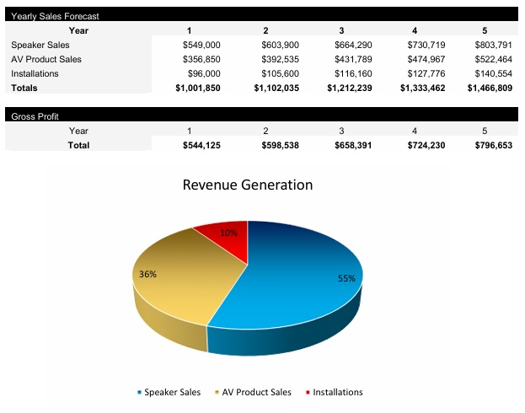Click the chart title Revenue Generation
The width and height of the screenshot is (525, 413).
tap(247, 185)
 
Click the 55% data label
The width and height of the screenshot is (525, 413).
tap(346, 278)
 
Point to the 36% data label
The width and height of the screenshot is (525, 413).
tap(147, 274)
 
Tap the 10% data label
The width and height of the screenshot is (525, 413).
tap(229, 233)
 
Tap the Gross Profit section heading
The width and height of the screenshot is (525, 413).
tap(35, 116)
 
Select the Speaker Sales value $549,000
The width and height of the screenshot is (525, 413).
tap(201, 45)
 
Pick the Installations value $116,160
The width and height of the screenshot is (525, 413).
tap(348, 73)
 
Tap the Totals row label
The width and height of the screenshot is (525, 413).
tap(24, 88)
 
